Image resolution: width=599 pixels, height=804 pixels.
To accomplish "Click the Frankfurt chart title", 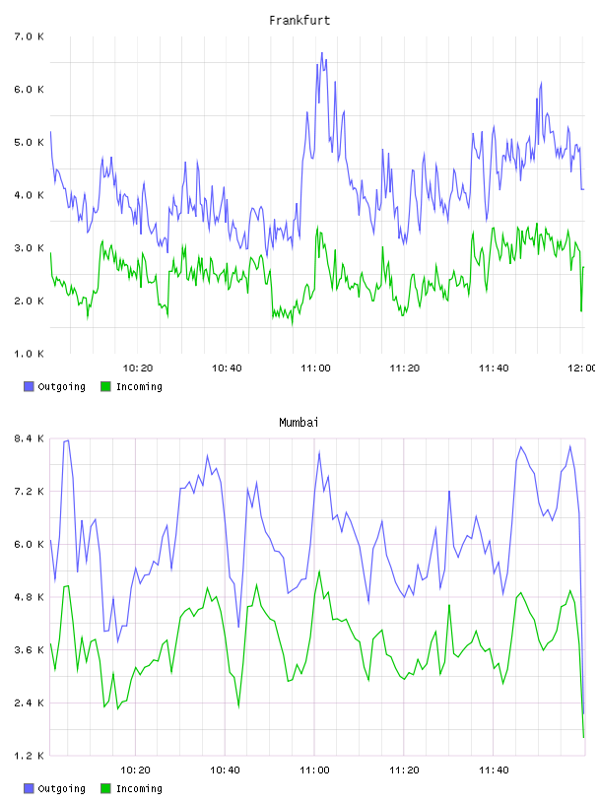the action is tap(299, 21).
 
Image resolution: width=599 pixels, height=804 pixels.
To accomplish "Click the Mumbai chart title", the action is tap(299, 423).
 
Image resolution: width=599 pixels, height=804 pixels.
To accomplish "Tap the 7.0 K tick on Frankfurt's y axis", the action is tap(30, 36).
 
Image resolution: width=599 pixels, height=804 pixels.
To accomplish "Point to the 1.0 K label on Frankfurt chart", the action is tap(30, 354).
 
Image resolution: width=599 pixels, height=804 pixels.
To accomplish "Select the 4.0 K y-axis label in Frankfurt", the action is tap(30, 195).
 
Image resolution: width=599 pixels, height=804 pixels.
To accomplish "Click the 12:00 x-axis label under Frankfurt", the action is tap(581, 368).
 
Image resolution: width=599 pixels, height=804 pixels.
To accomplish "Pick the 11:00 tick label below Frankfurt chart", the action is tap(315, 368).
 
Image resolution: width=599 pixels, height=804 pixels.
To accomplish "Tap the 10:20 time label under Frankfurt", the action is tap(138, 368).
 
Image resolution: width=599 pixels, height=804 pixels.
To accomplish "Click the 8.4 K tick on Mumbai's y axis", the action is tap(30, 438).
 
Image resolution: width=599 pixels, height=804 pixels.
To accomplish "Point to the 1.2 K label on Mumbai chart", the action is tap(30, 756).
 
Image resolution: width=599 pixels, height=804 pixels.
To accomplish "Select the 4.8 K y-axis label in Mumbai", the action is tap(30, 597).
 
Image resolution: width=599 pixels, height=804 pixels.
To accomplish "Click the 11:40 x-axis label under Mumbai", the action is tap(494, 770).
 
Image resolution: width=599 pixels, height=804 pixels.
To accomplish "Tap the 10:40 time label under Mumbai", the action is tap(225, 770).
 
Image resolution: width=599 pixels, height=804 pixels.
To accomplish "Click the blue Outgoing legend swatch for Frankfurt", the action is tap(29, 386).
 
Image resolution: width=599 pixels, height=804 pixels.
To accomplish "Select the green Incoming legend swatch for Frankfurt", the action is tap(105, 386).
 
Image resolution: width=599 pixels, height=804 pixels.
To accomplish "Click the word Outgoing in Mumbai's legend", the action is tap(61, 788).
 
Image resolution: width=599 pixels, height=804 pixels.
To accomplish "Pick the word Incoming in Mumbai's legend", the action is tap(139, 788).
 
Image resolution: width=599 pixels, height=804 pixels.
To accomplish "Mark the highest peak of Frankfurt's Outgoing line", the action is tap(322, 52).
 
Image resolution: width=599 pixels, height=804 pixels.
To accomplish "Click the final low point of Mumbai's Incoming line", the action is tap(583, 737).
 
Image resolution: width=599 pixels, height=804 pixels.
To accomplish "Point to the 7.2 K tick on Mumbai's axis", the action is tap(30, 492).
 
